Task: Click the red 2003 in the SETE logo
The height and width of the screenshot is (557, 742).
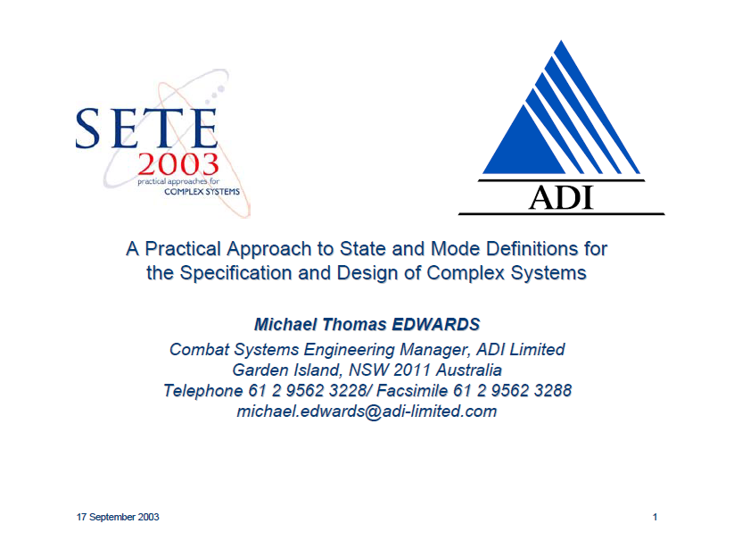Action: [178, 164]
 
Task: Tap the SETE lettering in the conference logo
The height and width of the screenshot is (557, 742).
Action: [146, 129]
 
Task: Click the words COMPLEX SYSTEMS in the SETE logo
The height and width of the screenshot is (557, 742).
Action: [202, 192]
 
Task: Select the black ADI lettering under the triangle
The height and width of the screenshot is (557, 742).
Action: [561, 197]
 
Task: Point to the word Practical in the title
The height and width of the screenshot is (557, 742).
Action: [183, 249]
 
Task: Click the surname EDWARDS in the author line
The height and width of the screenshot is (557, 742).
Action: [436, 324]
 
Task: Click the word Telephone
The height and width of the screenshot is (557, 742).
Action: [203, 391]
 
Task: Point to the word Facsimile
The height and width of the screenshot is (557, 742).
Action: [412, 391]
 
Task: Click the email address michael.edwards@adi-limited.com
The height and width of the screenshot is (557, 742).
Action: [367, 412]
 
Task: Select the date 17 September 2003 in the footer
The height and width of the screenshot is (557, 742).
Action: [118, 517]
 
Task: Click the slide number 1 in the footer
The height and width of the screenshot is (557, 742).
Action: [655, 517]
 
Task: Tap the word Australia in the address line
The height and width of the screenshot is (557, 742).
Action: [469, 370]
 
